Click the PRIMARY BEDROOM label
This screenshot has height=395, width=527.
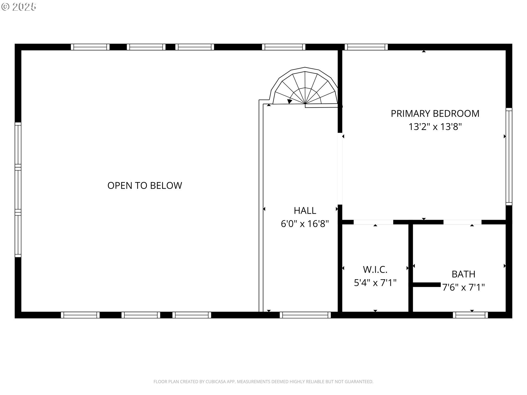tap(435, 114)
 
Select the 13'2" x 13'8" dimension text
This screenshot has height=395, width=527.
tap(435, 127)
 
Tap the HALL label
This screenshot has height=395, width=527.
tap(305, 210)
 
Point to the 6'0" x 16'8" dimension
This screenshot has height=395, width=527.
tap(305, 224)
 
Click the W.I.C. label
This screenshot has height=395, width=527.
tap(375, 269)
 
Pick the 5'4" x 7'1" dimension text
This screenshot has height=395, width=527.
tap(375, 283)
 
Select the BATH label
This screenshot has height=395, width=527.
tap(463, 274)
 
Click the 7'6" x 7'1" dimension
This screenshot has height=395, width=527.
tap(463, 287)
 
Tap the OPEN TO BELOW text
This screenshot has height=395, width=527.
tap(145, 185)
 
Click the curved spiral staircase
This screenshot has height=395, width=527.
tap(305, 87)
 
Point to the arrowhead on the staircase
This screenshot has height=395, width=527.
tap(289, 101)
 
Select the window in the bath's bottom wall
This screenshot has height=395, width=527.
tap(470, 315)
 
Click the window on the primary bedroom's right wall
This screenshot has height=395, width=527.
tap(509, 156)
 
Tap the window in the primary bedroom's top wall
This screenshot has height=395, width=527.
tap(366, 47)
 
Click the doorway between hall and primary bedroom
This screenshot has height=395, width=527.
tap(340, 169)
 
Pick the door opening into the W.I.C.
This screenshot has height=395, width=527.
tap(373, 222)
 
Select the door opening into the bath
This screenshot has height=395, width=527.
tap(462, 222)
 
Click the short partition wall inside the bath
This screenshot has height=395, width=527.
tap(427, 285)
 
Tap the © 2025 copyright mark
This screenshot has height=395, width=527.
tap(19, 7)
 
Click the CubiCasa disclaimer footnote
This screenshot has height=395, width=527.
tap(263, 382)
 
